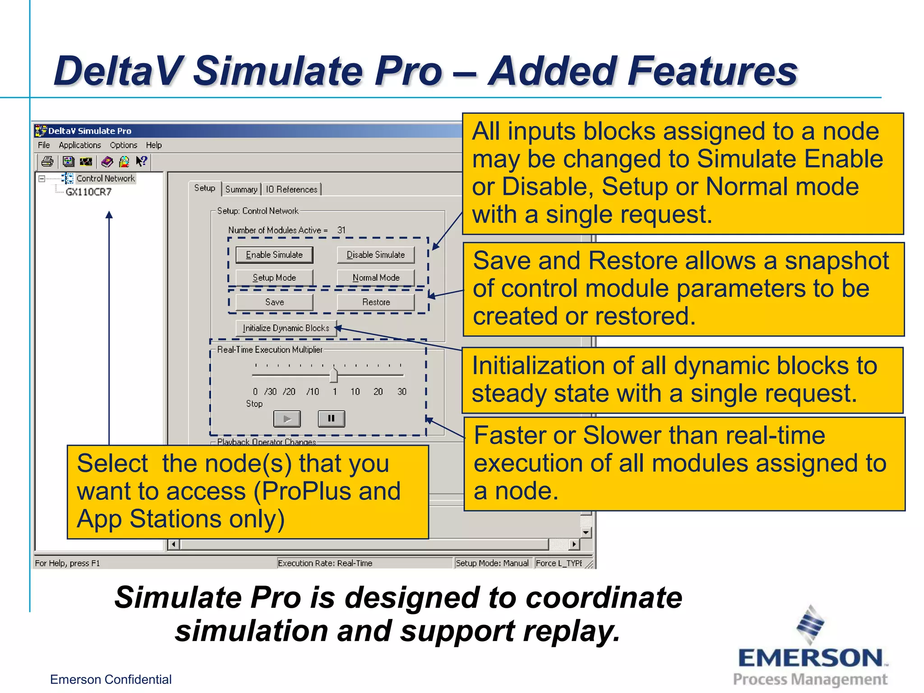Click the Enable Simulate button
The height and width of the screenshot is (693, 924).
pos(274,255)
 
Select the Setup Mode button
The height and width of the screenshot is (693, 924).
pos(274,277)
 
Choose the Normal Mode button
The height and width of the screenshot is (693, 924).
pos(376,277)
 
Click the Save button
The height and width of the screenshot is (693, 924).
pos(274,302)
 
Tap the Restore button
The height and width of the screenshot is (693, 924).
pos(376,302)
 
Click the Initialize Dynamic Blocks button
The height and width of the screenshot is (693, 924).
pos(286,328)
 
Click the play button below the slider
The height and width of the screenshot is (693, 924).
pos(287,419)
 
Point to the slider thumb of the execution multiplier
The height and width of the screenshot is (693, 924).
pos(333,375)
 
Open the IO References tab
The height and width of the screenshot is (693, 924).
pos(291,189)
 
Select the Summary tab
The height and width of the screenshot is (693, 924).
pos(241,189)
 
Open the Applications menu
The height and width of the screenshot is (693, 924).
pos(80,145)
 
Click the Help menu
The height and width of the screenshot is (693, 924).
pos(153,145)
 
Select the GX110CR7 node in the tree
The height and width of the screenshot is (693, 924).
pos(88,192)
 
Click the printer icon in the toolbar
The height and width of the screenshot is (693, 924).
pos(47,162)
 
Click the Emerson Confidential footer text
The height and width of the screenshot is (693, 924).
pos(111,679)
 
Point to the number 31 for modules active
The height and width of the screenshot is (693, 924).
pos(342,230)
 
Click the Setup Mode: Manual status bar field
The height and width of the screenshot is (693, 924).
pos(492,563)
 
